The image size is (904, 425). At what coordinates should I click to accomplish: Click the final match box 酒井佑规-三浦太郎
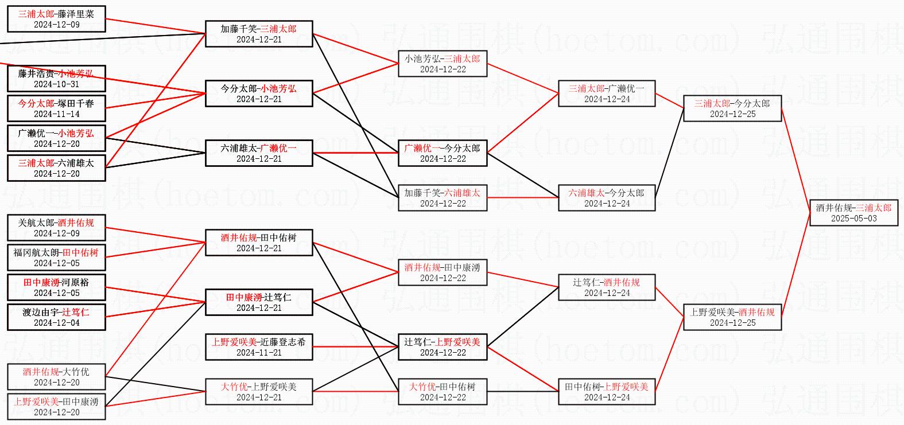853,213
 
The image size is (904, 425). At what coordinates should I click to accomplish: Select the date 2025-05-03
853,219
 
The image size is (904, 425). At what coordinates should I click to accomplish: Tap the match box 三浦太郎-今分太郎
732,108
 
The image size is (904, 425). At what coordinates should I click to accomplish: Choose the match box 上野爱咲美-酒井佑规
732,317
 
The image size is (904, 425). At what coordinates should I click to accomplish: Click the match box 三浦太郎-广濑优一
607,93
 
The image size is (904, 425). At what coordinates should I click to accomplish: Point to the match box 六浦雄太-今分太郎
607,198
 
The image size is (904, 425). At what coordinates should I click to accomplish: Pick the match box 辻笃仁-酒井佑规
607,287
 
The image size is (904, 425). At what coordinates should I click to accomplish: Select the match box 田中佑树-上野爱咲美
607,392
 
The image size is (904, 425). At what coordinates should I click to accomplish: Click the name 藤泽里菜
76,14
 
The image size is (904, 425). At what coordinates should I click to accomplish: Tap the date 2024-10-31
56,84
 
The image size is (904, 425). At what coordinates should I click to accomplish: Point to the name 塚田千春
76,104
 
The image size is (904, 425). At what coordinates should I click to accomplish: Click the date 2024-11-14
56,114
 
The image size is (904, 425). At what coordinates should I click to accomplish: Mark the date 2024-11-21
259,353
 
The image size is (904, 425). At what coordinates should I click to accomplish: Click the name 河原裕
76,283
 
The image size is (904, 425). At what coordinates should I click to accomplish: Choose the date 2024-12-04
56,323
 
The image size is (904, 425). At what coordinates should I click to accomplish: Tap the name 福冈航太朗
37,253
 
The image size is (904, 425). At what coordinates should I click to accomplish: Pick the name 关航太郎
37,223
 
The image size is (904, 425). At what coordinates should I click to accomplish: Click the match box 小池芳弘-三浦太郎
443,64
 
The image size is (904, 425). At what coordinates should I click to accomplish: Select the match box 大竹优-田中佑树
443,392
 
